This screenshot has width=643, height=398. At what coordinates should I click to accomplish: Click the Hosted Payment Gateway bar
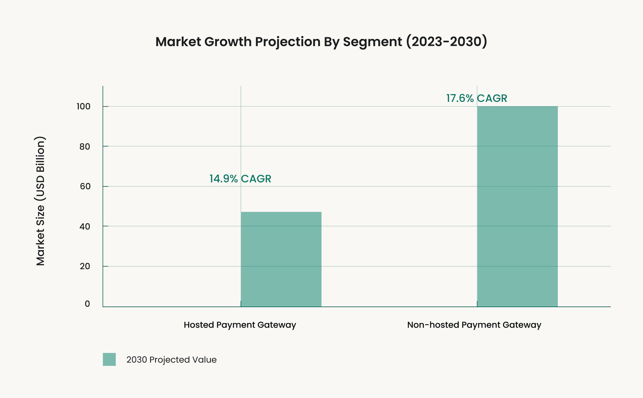click(x=281, y=259)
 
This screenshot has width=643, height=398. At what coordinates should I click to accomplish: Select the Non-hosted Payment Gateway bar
click(x=517, y=206)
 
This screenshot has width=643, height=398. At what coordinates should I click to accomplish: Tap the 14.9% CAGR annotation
click(x=240, y=179)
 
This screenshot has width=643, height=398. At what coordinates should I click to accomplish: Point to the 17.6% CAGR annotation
click(x=476, y=98)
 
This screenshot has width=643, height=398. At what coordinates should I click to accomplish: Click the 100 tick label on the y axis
click(x=83, y=107)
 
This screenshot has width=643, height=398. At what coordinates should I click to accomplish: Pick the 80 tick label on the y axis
click(x=85, y=147)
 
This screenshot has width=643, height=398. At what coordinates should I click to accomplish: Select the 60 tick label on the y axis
click(x=85, y=186)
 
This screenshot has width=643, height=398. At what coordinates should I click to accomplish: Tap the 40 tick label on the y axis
click(x=85, y=226)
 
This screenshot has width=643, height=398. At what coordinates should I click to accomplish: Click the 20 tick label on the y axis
click(x=85, y=266)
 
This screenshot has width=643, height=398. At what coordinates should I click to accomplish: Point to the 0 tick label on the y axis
click(x=87, y=304)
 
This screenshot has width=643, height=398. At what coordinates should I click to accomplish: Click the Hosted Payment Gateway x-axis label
click(x=240, y=325)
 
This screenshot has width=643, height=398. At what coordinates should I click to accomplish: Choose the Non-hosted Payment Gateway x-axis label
click(x=474, y=325)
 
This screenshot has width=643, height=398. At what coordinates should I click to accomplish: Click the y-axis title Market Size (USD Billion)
click(x=40, y=201)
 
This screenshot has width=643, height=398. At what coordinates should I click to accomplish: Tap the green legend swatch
click(x=109, y=359)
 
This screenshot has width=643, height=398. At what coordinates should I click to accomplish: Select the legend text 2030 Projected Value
click(x=171, y=360)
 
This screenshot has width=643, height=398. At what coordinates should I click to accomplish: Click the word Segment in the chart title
click(x=372, y=42)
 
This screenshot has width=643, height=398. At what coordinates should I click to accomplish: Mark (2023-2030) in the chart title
click(x=446, y=42)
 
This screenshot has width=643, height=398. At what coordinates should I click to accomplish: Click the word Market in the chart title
click(x=178, y=42)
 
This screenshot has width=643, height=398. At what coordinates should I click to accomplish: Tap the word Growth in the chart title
click(x=228, y=42)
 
